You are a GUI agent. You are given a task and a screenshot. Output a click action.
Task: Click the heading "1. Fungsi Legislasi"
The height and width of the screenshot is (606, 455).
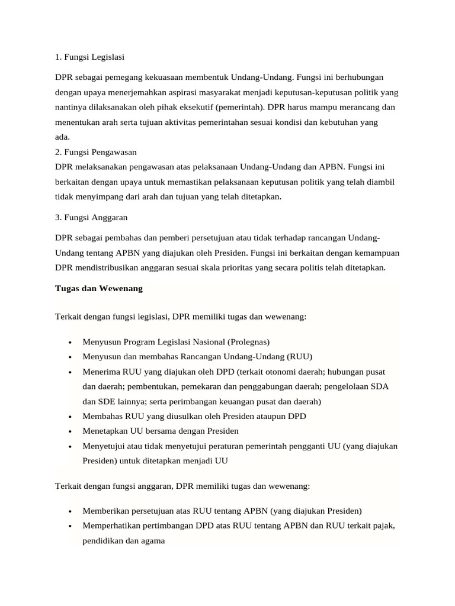[89, 57]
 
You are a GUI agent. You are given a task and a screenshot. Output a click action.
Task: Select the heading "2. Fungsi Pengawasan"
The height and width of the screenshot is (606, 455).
[96, 152]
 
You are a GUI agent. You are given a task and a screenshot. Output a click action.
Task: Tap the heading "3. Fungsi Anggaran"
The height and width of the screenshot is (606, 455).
[91, 217]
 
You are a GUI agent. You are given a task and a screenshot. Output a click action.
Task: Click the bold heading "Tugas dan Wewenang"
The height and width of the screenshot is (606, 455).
[98, 288]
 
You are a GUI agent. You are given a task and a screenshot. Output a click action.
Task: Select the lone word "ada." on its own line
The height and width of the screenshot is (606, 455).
[62, 137]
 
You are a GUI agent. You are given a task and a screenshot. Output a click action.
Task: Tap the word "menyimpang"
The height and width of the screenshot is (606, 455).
[92, 196]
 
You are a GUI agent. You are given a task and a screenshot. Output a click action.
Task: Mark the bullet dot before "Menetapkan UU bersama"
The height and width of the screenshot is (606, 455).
[71, 432]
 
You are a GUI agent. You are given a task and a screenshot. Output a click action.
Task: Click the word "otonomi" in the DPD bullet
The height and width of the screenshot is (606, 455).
[278, 372]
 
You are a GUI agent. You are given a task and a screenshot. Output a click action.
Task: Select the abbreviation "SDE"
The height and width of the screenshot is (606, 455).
[106, 401]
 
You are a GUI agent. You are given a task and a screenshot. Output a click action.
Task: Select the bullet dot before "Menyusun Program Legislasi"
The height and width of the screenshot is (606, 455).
[71, 343]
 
